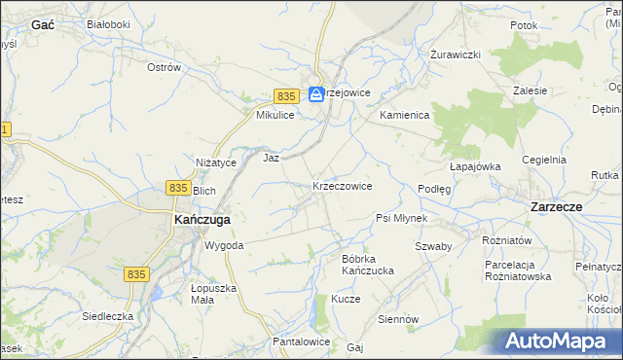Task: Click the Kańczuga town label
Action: (x=201, y=220)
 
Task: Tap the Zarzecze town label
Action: (x=556, y=207)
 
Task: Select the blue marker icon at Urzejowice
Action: (x=316, y=94)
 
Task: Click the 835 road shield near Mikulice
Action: (x=285, y=96)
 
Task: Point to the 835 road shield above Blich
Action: (x=177, y=187)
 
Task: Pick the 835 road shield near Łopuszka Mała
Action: (x=136, y=275)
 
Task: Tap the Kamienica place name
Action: (x=404, y=115)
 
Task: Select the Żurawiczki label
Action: (x=457, y=54)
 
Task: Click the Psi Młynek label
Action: (x=401, y=218)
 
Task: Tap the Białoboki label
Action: (x=108, y=23)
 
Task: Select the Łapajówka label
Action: (x=475, y=166)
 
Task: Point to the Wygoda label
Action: (x=223, y=245)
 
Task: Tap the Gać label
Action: (x=42, y=23)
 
